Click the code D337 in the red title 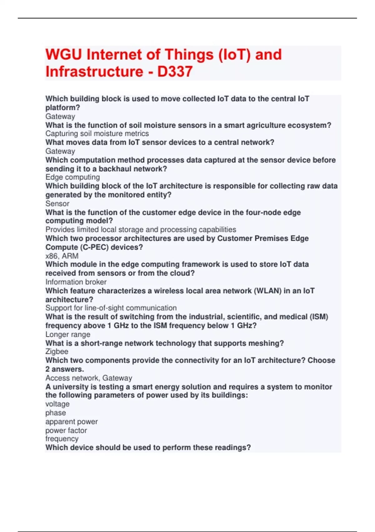pyautogui.click(x=175, y=72)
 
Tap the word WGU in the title pyautogui.click(x=63, y=54)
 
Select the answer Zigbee pyautogui.click(x=57, y=352)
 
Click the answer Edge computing pyautogui.click(x=72, y=177)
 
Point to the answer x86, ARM pyautogui.click(x=62, y=256)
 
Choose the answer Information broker pyautogui.click(x=76, y=282)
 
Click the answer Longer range pyautogui.click(x=68, y=335)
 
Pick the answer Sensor pyautogui.click(x=57, y=204)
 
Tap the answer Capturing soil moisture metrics pyautogui.click(x=97, y=134)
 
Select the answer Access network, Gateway pyautogui.click(x=89, y=378)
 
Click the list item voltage pyautogui.click(x=57, y=404)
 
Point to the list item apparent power pyautogui.click(x=72, y=422)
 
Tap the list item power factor pyautogui.click(x=66, y=431)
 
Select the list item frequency pyautogui.click(x=62, y=439)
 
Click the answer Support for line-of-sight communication pyautogui.click(x=111, y=308)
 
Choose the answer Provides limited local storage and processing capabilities pyautogui.click(x=141, y=230)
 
